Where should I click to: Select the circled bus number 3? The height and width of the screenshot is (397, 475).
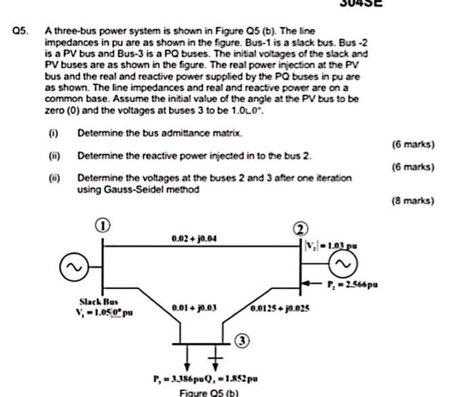coord(242,339)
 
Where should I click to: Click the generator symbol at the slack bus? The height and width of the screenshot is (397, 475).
coord(70,270)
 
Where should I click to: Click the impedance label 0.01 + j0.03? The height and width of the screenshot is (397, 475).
coord(194,307)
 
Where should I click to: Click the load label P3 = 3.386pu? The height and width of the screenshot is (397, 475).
coord(174,379)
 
